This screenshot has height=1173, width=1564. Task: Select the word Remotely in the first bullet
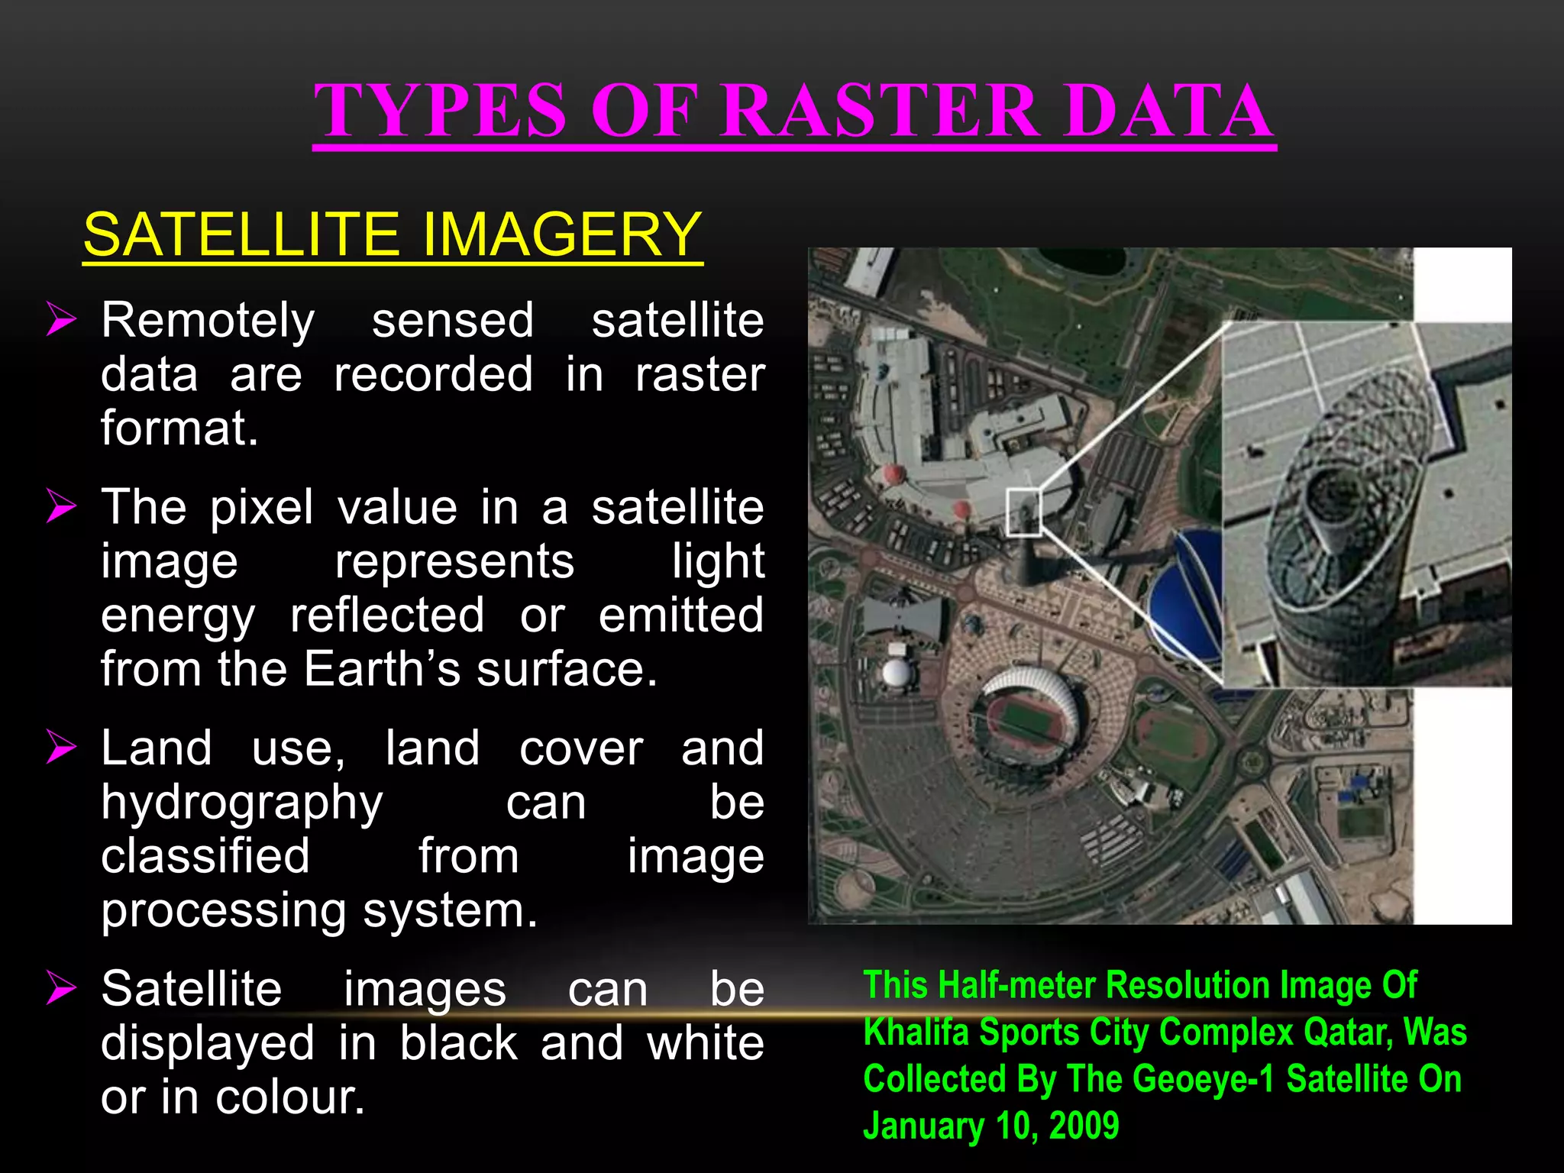coord(208,320)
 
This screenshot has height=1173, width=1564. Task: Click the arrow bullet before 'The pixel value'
coord(61,506)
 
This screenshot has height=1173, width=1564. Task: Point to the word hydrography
coord(242,803)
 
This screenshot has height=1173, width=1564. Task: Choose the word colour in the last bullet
coord(290,1097)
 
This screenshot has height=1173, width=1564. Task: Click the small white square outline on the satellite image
coord(1023,512)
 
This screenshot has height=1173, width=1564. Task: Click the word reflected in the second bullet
coord(387,616)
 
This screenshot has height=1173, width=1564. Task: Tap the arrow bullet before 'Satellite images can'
coord(61,987)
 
